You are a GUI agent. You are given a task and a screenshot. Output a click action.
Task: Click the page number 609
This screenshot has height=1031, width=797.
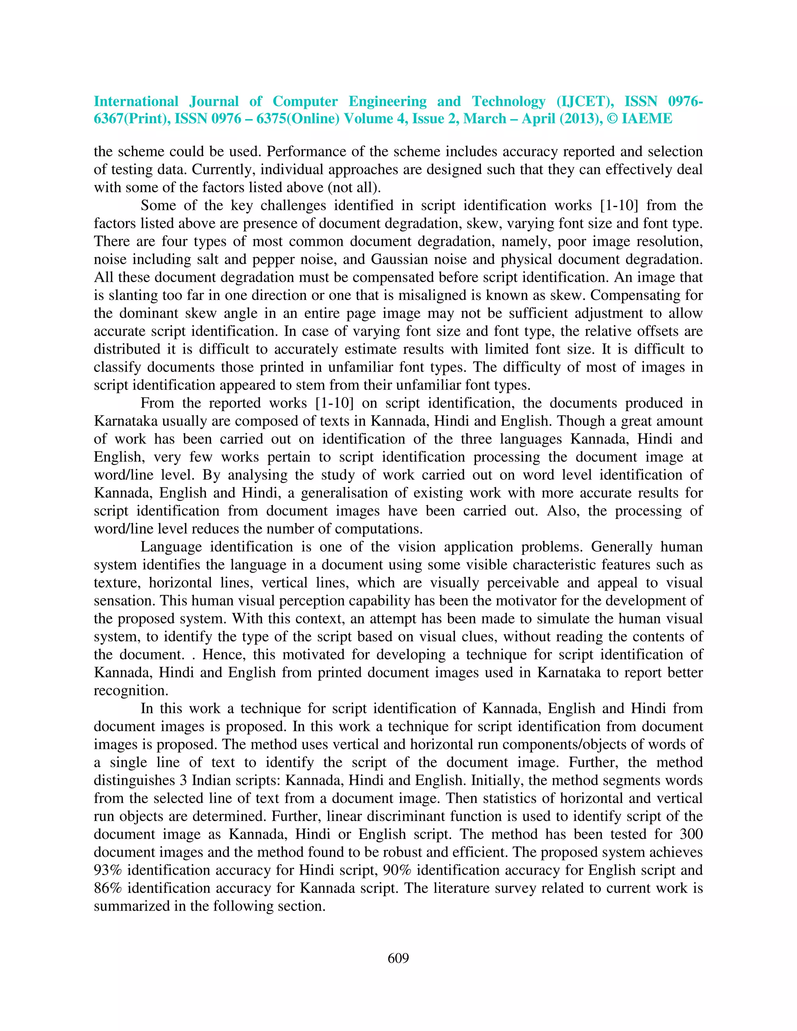pos(398,958)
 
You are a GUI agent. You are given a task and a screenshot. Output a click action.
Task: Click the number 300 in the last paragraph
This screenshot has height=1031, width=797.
pos(691,834)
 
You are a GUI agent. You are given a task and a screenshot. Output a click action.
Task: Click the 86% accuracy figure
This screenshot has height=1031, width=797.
pos(108,888)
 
